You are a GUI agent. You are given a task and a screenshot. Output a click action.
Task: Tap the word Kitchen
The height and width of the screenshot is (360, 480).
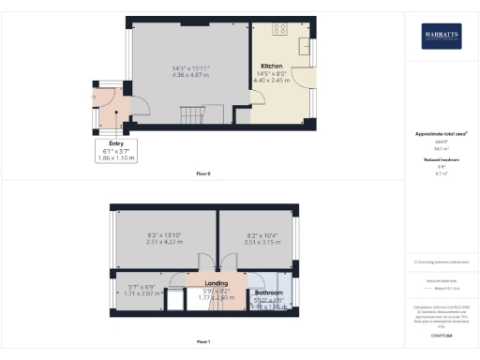[x=272, y=66]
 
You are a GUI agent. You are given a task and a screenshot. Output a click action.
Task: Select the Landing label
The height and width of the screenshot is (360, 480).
[x=217, y=282]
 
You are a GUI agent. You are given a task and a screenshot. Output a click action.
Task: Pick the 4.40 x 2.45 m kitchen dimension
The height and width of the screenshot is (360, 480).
[x=274, y=81]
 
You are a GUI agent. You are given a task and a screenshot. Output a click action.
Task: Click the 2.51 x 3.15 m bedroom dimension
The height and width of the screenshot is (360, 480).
[x=255, y=241]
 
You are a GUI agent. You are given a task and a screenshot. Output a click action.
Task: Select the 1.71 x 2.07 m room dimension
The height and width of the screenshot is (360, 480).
[x=144, y=294]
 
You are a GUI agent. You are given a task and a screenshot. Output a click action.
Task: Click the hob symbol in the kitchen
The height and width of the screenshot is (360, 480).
[x=279, y=28]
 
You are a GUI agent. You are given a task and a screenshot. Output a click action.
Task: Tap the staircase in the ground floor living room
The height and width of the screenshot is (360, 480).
[x=193, y=116]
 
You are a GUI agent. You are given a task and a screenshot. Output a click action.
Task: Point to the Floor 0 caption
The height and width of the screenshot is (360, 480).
[x=203, y=174]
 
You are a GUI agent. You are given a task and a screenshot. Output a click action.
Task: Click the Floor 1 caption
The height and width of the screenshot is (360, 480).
[x=203, y=343]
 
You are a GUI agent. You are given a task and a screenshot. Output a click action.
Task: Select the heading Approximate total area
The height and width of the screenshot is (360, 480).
[x=442, y=134]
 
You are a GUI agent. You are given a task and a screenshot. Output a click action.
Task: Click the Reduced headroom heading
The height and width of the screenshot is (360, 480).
[x=441, y=160]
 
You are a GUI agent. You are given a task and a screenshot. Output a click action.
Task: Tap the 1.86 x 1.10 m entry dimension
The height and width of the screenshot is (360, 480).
[x=116, y=158]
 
